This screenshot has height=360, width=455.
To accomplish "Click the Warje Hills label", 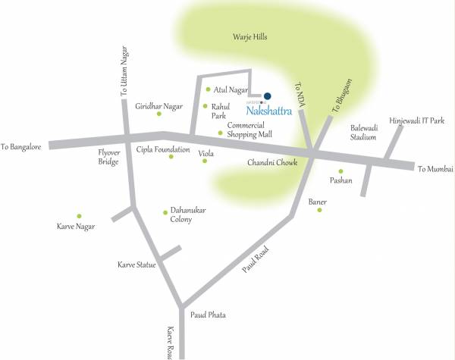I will coord(251,36).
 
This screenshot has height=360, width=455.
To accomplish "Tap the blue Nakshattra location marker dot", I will coord(266,96).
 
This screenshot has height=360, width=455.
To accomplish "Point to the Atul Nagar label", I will coord(232,90).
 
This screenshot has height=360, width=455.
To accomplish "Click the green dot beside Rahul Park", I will coord(205,107).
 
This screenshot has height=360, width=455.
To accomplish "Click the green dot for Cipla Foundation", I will coord(171,157).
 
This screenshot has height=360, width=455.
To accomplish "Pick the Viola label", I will coord(206,154).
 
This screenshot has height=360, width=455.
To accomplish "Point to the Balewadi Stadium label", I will coord(363,133).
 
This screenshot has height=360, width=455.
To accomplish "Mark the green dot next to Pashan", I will coord(340,171).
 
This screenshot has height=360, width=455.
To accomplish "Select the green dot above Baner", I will coord(319,210).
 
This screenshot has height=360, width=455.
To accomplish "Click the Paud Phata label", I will coord(208,315).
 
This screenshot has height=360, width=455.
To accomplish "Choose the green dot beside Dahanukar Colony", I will coord(165,212).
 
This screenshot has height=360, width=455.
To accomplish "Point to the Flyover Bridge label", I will coord(108,156).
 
